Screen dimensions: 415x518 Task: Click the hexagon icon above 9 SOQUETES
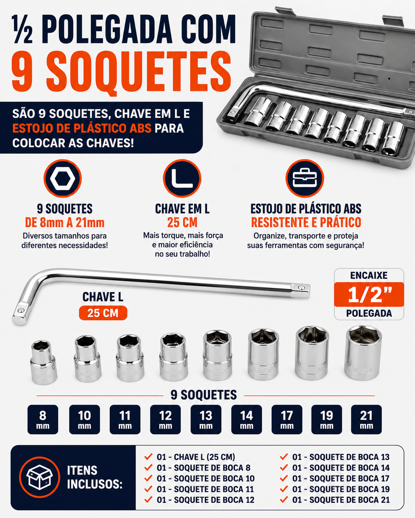(63, 178)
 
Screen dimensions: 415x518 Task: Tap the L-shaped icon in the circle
(182, 178)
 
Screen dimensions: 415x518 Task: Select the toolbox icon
(305, 178)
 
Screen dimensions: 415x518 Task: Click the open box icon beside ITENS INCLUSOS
(40, 477)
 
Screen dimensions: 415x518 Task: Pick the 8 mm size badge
(43, 420)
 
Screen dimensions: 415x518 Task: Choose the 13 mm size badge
(206, 420)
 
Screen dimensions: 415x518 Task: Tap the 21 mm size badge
(366, 420)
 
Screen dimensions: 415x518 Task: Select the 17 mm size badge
(287, 420)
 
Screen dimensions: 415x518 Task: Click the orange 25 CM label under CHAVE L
(103, 313)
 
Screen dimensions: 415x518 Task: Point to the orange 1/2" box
(369, 294)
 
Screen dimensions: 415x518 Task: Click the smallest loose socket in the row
(43, 362)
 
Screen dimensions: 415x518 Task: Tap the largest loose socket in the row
(363, 353)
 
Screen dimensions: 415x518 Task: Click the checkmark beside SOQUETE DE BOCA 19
(284, 489)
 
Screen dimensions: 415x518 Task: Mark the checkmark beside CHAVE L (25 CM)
(148, 457)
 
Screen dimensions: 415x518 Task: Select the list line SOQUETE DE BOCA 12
(206, 500)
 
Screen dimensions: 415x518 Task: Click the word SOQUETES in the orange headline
(139, 71)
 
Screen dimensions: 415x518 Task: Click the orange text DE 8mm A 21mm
(65, 222)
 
